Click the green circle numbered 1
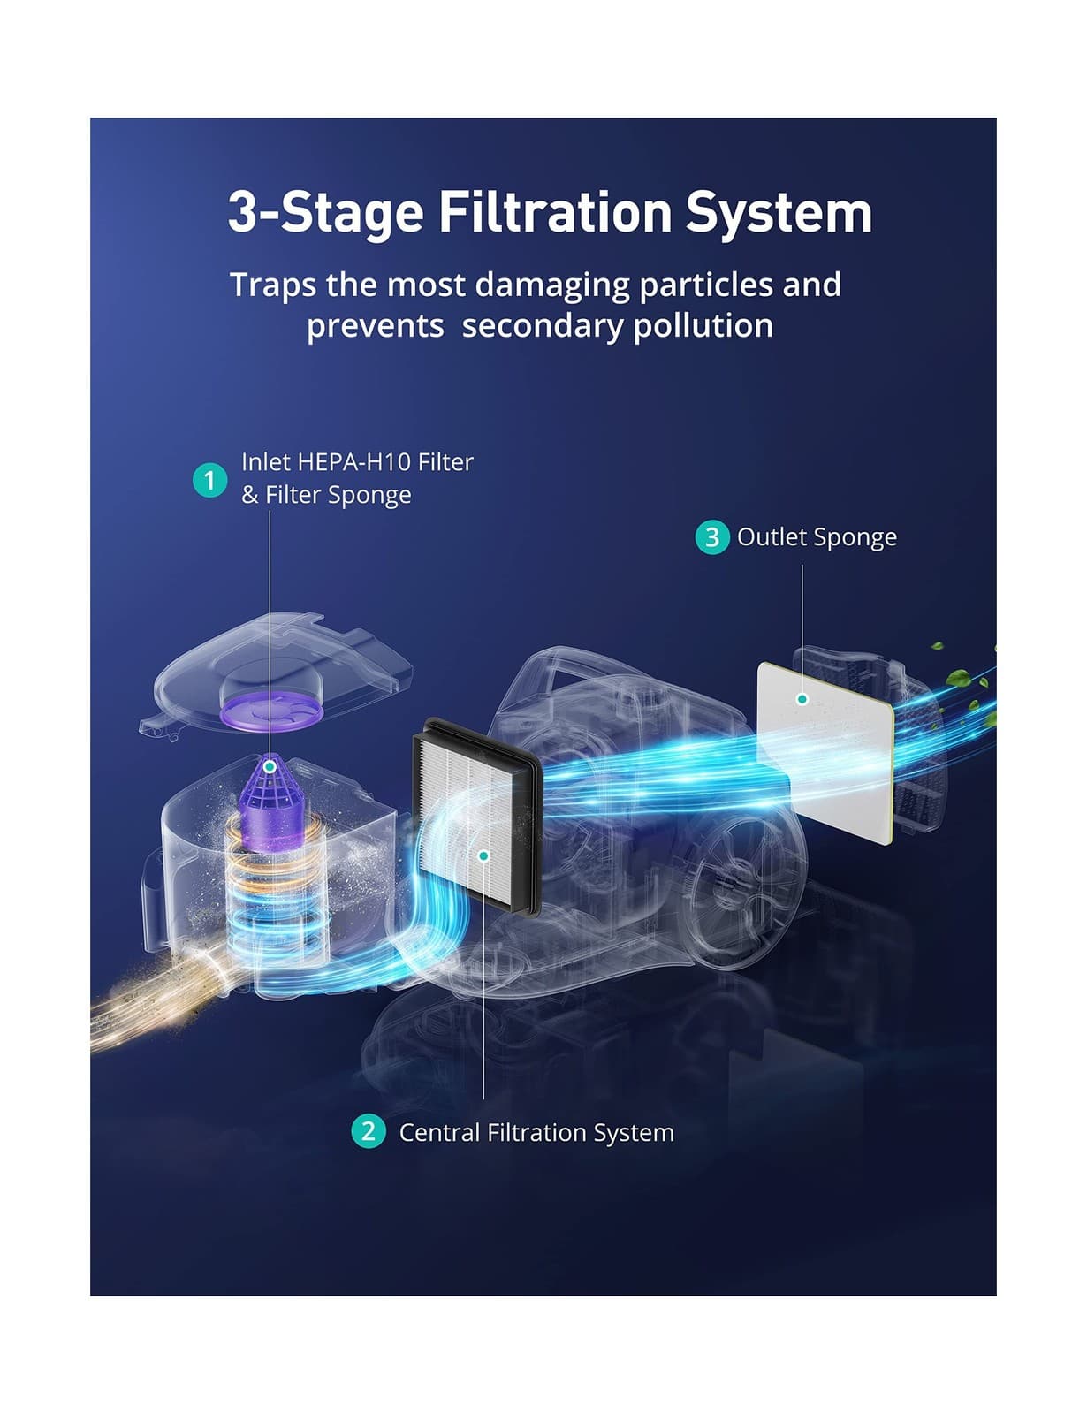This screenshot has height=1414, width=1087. click(209, 481)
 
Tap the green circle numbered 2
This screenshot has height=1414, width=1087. click(369, 1131)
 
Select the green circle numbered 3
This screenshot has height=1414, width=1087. click(712, 536)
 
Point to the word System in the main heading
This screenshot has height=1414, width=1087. click(779, 214)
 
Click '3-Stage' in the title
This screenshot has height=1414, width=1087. click(325, 214)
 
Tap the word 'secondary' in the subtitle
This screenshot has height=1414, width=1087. click(542, 325)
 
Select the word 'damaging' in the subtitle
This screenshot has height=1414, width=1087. click(552, 286)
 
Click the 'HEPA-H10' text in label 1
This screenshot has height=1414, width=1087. click(353, 462)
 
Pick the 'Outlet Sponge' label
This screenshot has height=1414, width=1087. click(817, 537)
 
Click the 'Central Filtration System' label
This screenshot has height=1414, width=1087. click(536, 1132)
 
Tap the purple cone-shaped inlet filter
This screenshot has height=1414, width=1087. click(273, 801)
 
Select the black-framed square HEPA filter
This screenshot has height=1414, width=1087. click(477, 817)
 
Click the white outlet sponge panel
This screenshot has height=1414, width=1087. click(825, 753)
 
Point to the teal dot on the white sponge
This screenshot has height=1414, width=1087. click(802, 699)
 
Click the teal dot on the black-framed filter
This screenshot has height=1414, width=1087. click(483, 855)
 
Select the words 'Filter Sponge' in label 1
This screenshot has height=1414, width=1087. click(338, 495)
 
